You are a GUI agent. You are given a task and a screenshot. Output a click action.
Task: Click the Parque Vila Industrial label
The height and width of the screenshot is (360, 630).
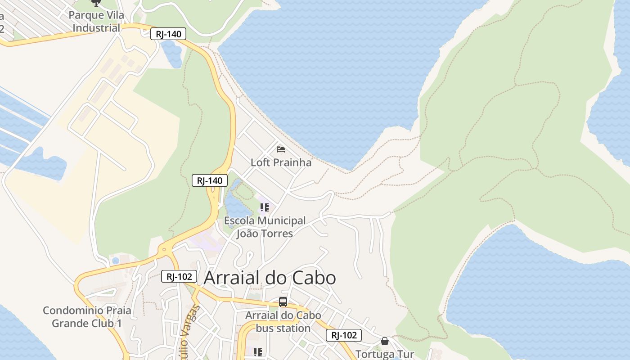coord(96,21)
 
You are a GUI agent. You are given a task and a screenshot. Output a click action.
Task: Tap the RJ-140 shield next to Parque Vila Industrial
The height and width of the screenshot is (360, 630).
coord(168,34)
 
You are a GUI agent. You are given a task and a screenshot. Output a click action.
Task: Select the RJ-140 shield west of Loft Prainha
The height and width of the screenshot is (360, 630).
coord(210,180)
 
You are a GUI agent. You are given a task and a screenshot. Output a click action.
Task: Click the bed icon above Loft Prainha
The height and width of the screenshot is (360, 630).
coord(281,149)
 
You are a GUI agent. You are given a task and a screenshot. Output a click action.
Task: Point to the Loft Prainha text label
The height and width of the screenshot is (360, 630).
coord(281,162)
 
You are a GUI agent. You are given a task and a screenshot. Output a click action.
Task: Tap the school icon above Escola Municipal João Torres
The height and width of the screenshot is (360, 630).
coord(265,207)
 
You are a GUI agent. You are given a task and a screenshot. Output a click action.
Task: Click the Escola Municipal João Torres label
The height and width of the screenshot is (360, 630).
coord(265,227)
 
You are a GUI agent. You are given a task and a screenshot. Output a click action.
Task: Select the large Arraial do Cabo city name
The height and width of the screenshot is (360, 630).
coord(270,278)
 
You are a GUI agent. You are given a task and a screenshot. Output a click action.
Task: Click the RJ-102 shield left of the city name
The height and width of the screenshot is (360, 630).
coord(179,276)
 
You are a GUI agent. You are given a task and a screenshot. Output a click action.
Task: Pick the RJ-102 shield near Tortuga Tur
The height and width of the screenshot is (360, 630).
coord(344,335)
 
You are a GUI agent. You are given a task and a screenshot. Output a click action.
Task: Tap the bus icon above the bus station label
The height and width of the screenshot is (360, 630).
coord(283,302)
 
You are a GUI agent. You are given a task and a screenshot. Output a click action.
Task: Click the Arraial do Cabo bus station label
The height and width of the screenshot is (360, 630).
coord(283,321)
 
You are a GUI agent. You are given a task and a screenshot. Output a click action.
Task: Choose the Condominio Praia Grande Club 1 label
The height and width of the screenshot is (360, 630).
coord(87,317)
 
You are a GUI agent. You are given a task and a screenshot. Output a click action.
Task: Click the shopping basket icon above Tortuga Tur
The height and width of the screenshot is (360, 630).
coord(384,341)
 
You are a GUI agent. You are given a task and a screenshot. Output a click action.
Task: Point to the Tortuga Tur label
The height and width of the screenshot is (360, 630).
coord(384,354)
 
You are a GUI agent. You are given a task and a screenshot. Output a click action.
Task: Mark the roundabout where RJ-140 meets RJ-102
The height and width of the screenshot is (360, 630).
coord(164,249)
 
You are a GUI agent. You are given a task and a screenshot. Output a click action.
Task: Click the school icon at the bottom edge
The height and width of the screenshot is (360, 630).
coord(257,352)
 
